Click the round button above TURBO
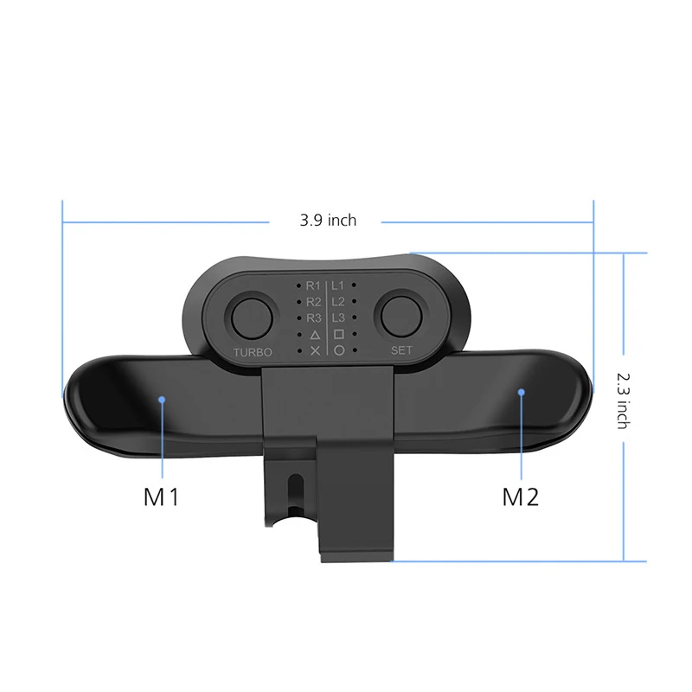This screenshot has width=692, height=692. click(252, 317)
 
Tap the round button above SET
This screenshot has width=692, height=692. click(401, 315)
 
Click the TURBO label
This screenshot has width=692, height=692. click(253, 352)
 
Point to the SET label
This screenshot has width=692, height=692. click(401, 350)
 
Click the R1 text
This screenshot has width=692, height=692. click(313, 285)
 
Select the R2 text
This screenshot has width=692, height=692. click(313, 302)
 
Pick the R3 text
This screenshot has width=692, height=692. click(314, 317)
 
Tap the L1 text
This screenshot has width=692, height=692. click(337, 285)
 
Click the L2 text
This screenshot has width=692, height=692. click(338, 301)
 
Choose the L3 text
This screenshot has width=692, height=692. click(338, 317)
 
